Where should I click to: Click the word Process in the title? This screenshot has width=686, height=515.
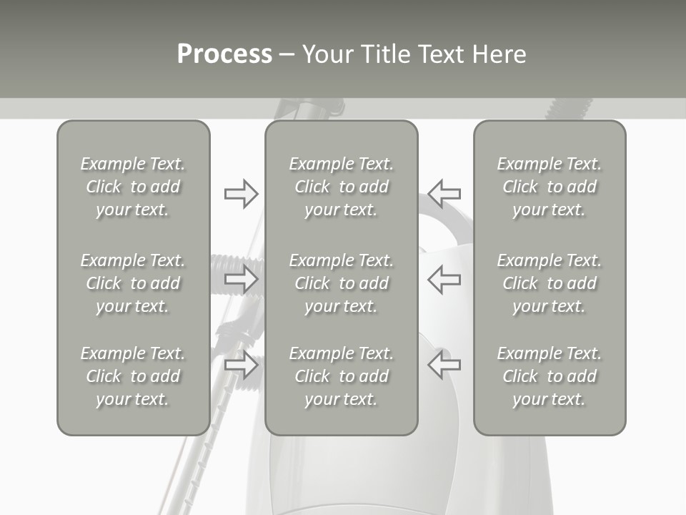click(x=224, y=54)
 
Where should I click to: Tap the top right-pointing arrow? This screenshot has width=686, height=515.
click(x=241, y=194)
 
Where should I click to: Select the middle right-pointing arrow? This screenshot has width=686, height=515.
click(x=241, y=279)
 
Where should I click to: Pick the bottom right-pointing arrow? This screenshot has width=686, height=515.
click(x=241, y=366)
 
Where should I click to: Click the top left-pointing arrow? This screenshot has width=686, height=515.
click(x=444, y=193)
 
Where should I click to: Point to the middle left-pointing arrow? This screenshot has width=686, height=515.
click(x=444, y=279)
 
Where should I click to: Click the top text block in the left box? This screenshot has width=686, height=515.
click(x=133, y=187)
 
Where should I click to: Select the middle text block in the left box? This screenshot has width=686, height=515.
click(x=133, y=283)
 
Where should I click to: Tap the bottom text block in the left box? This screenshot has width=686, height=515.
click(x=133, y=376)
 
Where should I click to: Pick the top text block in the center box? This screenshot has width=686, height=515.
click(x=341, y=187)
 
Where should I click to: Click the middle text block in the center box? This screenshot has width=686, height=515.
click(x=341, y=283)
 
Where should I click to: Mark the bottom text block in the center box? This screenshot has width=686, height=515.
click(x=341, y=376)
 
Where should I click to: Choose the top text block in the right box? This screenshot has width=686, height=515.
click(x=550, y=187)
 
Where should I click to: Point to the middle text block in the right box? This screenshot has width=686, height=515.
click(x=550, y=283)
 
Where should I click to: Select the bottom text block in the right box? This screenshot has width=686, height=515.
click(x=550, y=376)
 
